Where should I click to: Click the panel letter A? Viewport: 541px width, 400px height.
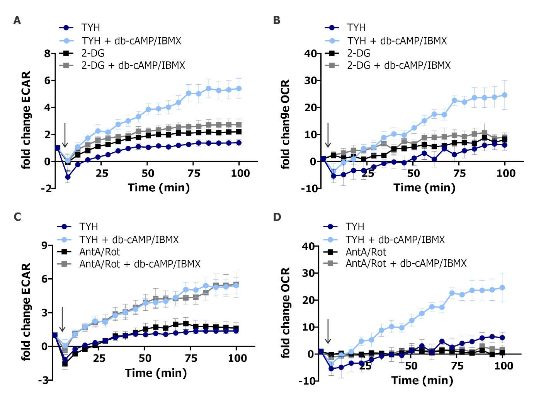tap(17, 20)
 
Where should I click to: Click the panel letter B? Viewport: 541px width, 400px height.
tap(277, 20)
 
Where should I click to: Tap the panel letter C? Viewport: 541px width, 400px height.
tap(17, 217)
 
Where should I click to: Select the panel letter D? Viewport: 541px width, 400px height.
tap(277, 217)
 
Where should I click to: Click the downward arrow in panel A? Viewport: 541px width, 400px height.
tap(65, 135)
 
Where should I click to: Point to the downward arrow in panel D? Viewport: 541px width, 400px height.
tap(328, 331)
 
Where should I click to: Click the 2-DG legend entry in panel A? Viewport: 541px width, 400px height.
tap(93, 53)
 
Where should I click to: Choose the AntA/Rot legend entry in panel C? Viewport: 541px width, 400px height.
tap(100, 252)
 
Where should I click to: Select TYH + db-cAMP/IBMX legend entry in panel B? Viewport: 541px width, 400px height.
tap(397, 41)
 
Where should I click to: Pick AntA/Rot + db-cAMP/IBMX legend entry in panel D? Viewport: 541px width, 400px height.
tap(406, 264)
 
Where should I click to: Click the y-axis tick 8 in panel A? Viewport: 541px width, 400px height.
tap(48, 53)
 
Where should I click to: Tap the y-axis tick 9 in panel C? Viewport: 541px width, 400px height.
tap(45, 245)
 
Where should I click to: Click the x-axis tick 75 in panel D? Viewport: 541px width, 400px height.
tap(457, 366)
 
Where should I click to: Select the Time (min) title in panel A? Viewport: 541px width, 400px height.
tap(159, 188)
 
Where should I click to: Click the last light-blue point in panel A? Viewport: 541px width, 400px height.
tap(239, 89)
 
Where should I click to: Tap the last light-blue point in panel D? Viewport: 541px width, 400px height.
tap(502, 288)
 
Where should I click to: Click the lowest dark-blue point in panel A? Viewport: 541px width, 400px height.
tap(68, 177)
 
